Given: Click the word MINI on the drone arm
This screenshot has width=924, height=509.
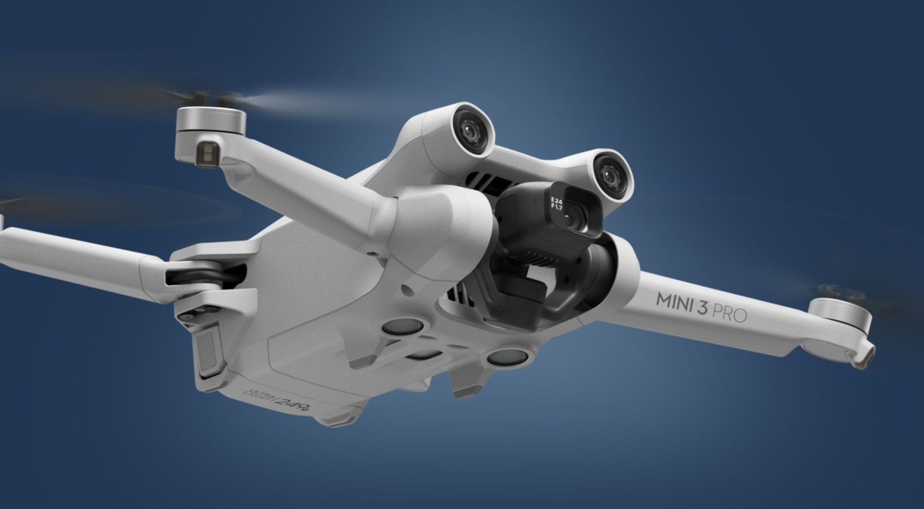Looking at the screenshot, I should pyautogui.click(x=674, y=300).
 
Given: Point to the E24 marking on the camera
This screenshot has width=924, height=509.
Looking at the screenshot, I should pyautogui.click(x=556, y=201).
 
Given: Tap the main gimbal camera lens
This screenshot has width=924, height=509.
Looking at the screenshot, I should pyautogui.click(x=568, y=218).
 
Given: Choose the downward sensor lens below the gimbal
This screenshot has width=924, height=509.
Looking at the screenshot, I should pyautogui.click(x=506, y=356).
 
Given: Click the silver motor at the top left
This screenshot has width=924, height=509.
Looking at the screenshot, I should pyautogui.click(x=211, y=121).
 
